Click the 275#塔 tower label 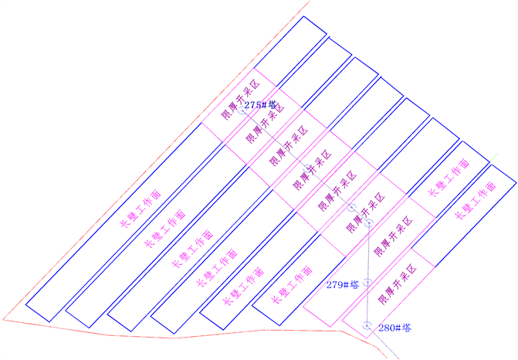[260, 104]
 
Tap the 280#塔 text [394, 328]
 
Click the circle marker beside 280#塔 [367, 324]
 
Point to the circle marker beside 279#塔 [368, 284]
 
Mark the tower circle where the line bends [369, 222]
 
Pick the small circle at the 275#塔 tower [241, 110]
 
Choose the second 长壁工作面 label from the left [166, 229]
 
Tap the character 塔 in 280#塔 [406, 328]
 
